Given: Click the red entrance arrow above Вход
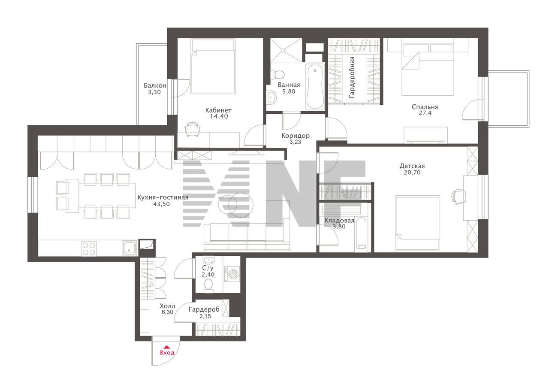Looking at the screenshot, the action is [x=166, y=347].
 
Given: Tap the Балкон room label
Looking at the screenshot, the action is [x=155, y=85].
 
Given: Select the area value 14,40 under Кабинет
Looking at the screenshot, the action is [x=219, y=116].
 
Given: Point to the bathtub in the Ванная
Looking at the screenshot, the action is [x=315, y=86].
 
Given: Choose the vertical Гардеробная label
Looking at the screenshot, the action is [x=352, y=78].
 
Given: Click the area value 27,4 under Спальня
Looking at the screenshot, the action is [x=425, y=113].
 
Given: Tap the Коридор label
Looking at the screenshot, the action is [x=296, y=136].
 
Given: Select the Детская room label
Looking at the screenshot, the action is [x=412, y=166].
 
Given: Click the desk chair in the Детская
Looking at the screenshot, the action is [x=458, y=196].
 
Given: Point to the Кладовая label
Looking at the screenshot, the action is [x=339, y=221].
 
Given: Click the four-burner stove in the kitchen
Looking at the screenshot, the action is [x=89, y=249].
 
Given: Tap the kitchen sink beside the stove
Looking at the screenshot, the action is [x=130, y=248].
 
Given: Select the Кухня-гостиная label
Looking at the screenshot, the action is [x=163, y=197].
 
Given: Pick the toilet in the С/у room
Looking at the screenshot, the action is [x=208, y=285].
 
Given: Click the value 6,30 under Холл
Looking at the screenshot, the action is [x=167, y=312].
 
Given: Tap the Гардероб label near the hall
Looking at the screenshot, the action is [x=204, y=309].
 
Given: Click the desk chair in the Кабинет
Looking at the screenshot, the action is [x=193, y=128].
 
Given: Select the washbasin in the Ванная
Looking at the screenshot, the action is [x=271, y=97].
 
